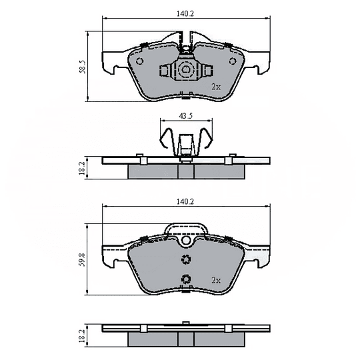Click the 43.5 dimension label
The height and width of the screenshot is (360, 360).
[x=185, y=115]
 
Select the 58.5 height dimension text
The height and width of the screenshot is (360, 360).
[x=83, y=67]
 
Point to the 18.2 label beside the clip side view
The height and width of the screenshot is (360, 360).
[x=83, y=167]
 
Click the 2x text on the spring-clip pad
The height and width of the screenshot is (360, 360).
[x=215, y=87]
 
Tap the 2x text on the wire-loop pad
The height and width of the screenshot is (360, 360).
[x=215, y=279]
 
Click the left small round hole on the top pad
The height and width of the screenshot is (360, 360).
[x=139, y=61]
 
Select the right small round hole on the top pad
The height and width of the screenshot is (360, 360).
[x=233, y=61]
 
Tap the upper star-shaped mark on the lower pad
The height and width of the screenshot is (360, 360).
[x=186, y=260]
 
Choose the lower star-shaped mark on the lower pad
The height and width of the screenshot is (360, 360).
[x=186, y=280]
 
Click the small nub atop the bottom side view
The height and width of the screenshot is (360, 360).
[x=186, y=325]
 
